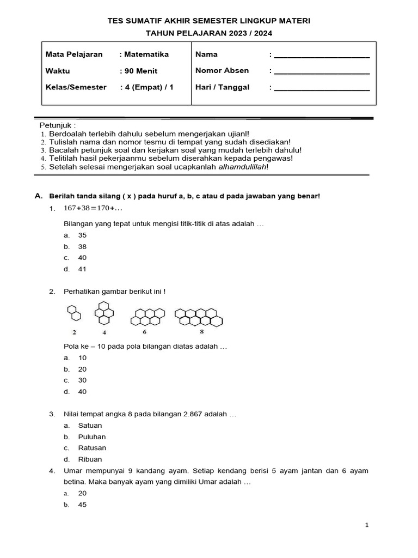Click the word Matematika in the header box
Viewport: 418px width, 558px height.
pos(146,54)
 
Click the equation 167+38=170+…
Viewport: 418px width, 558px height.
pos(93,208)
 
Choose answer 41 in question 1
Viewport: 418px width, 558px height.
pos(83,269)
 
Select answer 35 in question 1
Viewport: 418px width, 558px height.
pos(83,235)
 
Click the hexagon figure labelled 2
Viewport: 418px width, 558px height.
pos(75,313)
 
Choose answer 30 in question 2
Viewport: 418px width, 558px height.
pos(83,380)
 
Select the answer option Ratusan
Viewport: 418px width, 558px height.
pos(92,448)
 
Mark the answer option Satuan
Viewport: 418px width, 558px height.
pos(90,426)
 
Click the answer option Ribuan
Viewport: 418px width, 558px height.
pos(90,459)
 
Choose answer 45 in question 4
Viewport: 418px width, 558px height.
pos(83,505)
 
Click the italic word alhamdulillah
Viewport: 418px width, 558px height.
pos(242,167)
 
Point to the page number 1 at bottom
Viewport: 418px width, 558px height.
pos(367,525)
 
